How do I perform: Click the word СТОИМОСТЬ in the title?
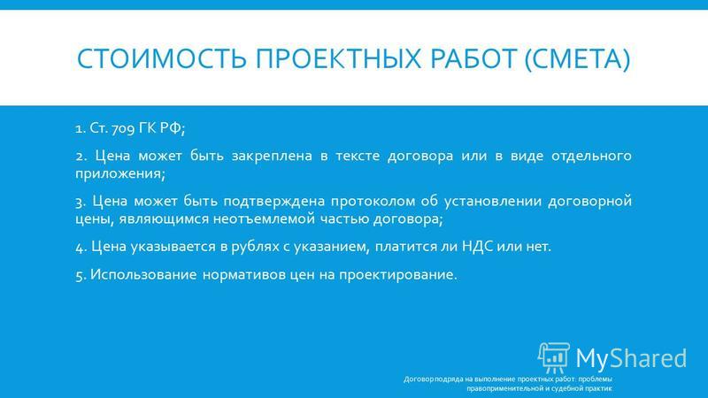click(x=162, y=58)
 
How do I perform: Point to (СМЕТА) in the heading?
click(x=577, y=59)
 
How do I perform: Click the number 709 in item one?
click(x=123, y=128)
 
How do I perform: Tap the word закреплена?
click(x=272, y=157)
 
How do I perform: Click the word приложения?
click(x=120, y=174)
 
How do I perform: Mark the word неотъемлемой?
click(x=264, y=219)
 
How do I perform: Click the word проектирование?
click(x=397, y=274)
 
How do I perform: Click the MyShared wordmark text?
click(x=631, y=358)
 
